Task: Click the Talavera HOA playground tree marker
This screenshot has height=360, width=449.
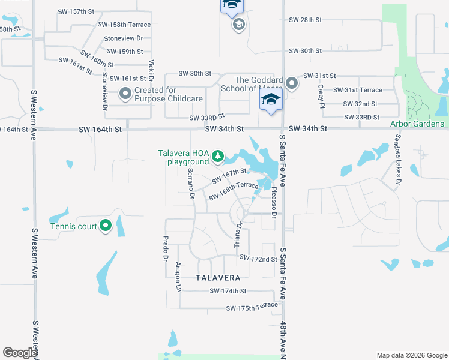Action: tap(218, 157)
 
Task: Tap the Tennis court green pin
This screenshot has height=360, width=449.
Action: tap(106, 226)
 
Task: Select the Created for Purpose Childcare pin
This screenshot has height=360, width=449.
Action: tap(125, 94)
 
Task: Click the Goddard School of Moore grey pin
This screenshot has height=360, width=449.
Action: tap(292, 83)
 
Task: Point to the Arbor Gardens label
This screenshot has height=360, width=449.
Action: tap(417, 124)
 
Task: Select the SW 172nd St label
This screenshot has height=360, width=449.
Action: tap(258, 258)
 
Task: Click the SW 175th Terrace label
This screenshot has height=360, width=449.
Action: tap(252, 307)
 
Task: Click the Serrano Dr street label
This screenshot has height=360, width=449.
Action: tap(191, 183)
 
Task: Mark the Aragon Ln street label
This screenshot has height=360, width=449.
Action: tap(178, 277)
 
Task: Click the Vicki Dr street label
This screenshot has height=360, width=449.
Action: tap(152, 71)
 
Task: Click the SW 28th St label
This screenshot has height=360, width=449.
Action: tap(305, 20)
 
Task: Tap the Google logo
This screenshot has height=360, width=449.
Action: tap(20, 353)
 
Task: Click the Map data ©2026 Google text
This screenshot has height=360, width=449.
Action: tap(411, 355)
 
